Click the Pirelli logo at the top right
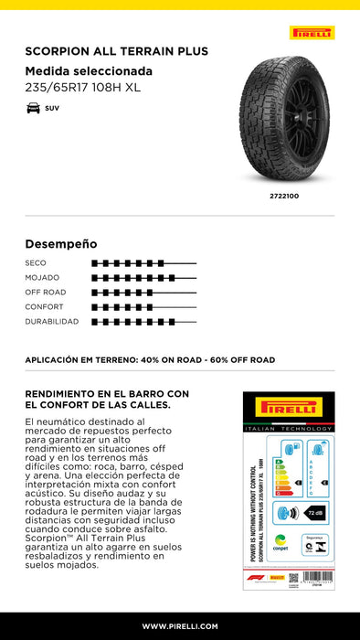coord(312,33)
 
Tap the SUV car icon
coord(33,109)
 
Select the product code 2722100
coord(285,196)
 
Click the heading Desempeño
coord(60,244)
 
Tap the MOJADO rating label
coord(42,277)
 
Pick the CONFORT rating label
coord(44,306)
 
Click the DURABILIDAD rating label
coord(52,321)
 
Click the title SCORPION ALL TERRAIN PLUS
coord(116,52)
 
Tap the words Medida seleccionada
coord(89,70)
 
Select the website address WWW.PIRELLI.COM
coord(180,626)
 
